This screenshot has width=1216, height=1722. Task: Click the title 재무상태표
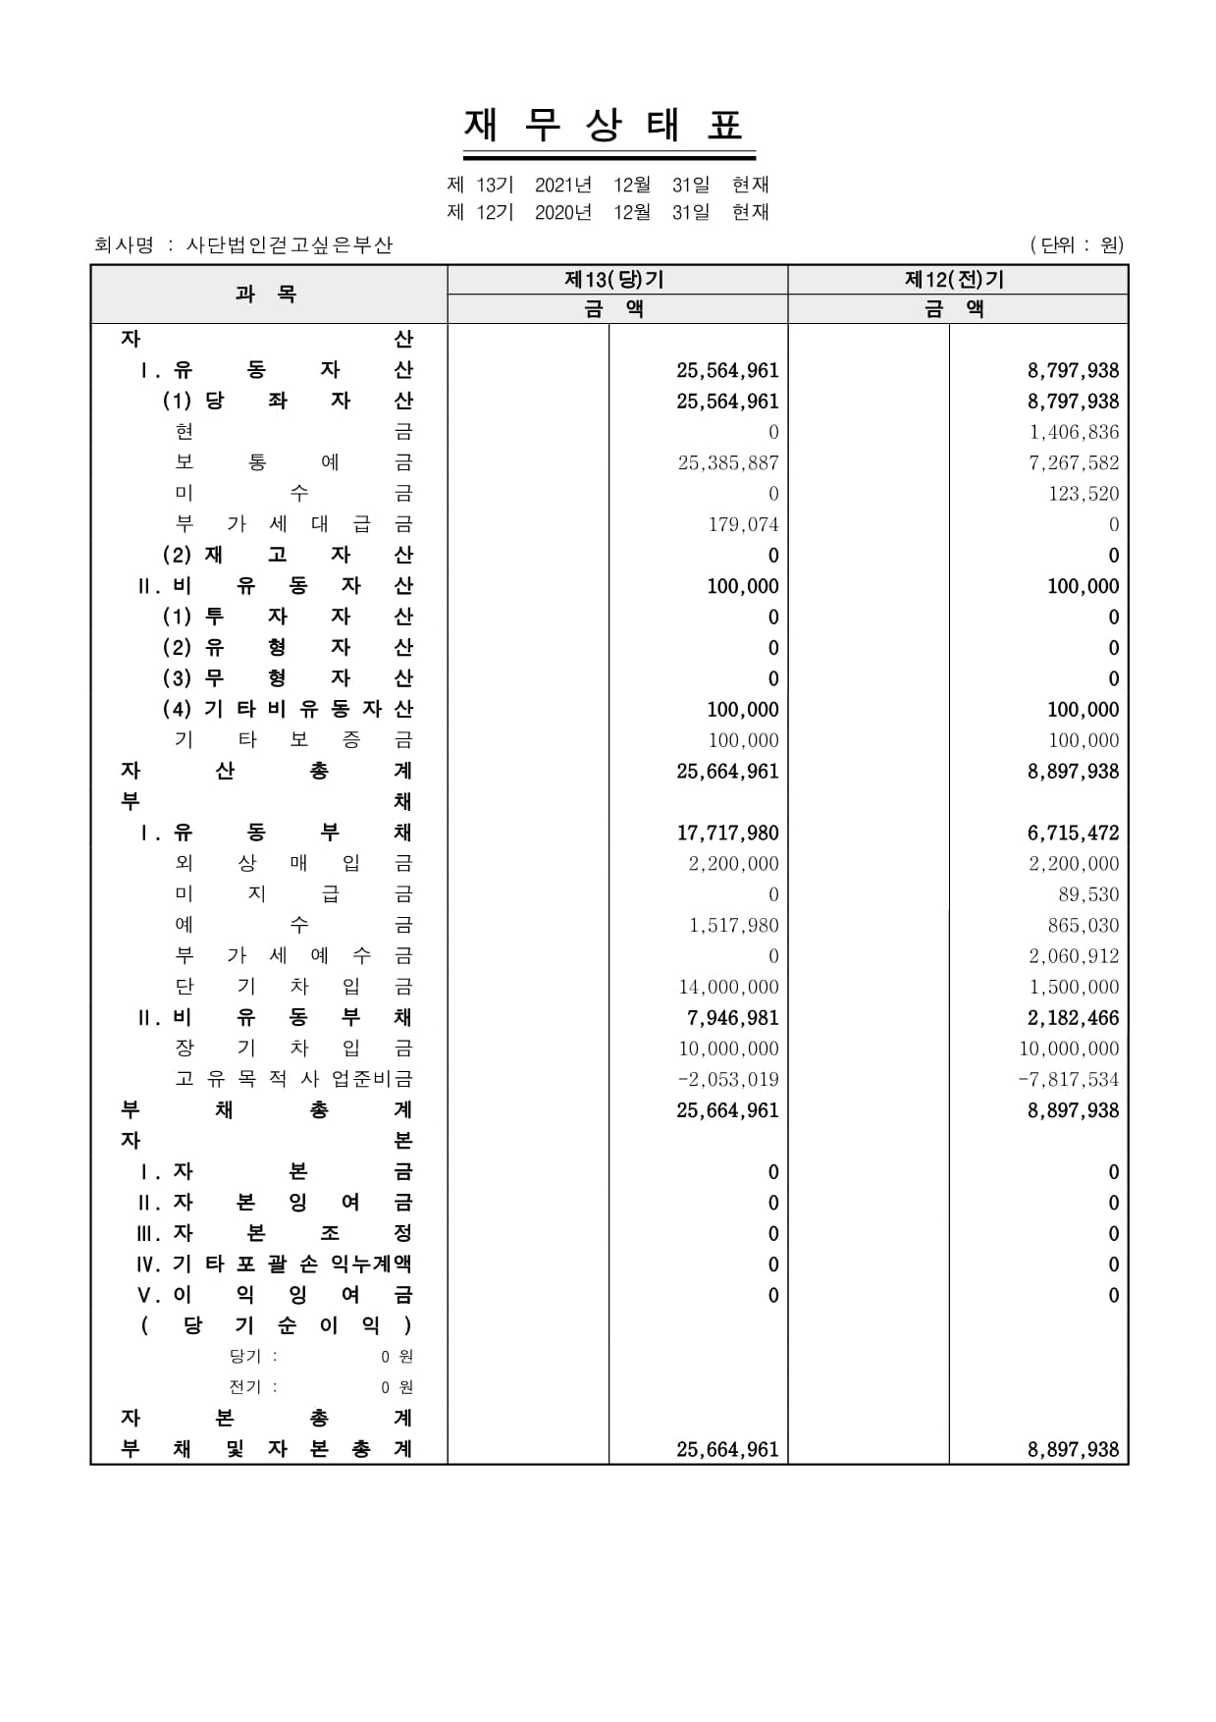click(608, 126)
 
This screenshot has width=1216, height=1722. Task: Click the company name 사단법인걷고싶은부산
click(290, 245)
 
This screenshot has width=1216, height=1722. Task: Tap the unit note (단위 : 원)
click(1077, 245)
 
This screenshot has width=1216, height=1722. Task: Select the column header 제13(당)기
click(615, 280)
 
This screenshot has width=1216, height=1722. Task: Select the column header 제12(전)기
click(956, 280)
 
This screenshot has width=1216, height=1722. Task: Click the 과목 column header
click(267, 294)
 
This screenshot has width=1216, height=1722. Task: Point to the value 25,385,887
click(728, 463)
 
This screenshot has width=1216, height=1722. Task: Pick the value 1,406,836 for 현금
click(1074, 432)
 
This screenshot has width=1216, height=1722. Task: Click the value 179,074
click(743, 524)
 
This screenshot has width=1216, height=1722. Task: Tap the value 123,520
click(1084, 494)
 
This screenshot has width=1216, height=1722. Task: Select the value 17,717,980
click(727, 834)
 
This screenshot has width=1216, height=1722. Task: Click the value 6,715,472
click(1073, 834)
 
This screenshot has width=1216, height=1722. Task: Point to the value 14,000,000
click(728, 988)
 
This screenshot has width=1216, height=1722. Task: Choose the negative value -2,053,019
click(728, 1080)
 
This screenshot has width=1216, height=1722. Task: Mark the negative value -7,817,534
click(1069, 1080)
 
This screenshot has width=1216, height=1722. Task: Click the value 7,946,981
click(733, 1018)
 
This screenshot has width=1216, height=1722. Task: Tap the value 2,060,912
click(1074, 956)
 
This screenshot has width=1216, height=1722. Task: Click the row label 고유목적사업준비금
click(293, 1080)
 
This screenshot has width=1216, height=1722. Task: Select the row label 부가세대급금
click(293, 524)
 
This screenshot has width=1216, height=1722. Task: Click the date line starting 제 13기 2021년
click(608, 185)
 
